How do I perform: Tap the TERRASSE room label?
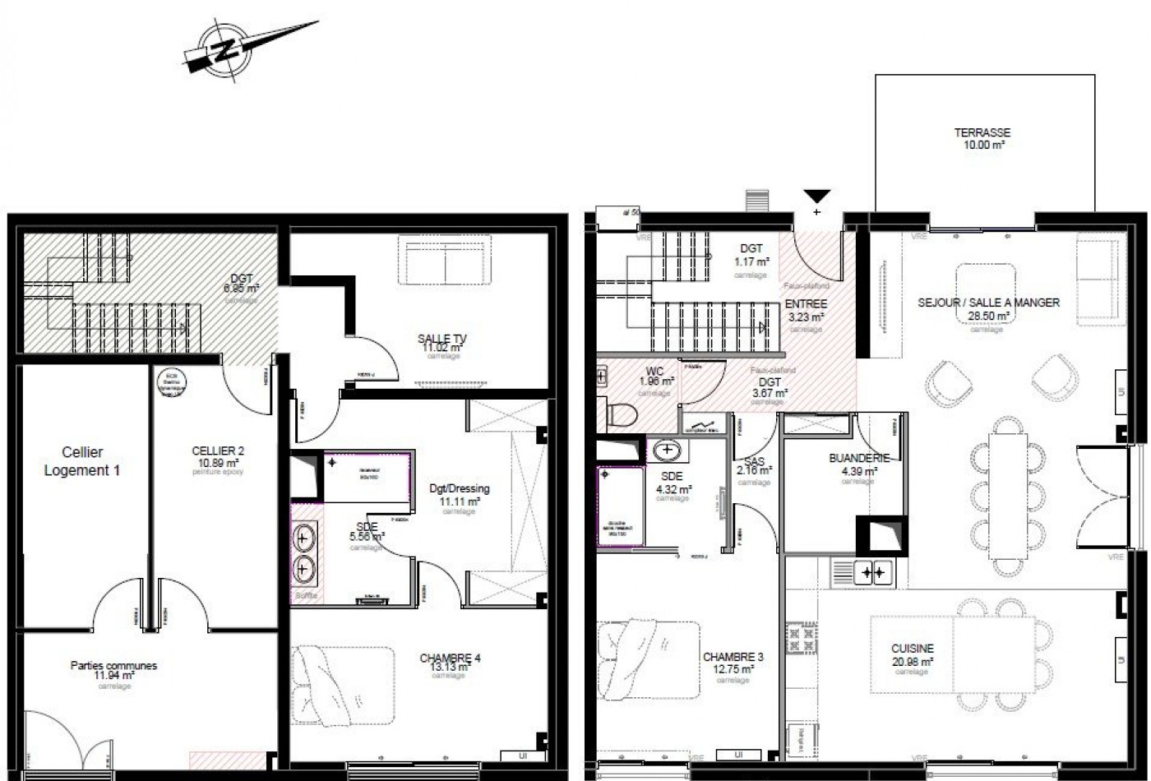click(x=982, y=132)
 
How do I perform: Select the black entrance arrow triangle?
click(x=816, y=196)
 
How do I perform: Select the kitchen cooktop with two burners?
click(x=872, y=570)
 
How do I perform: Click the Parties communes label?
click(x=113, y=665)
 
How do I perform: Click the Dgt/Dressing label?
click(x=460, y=488)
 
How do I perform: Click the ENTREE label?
click(x=805, y=303)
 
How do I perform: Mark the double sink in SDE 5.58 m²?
click(x=304, y=552)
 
